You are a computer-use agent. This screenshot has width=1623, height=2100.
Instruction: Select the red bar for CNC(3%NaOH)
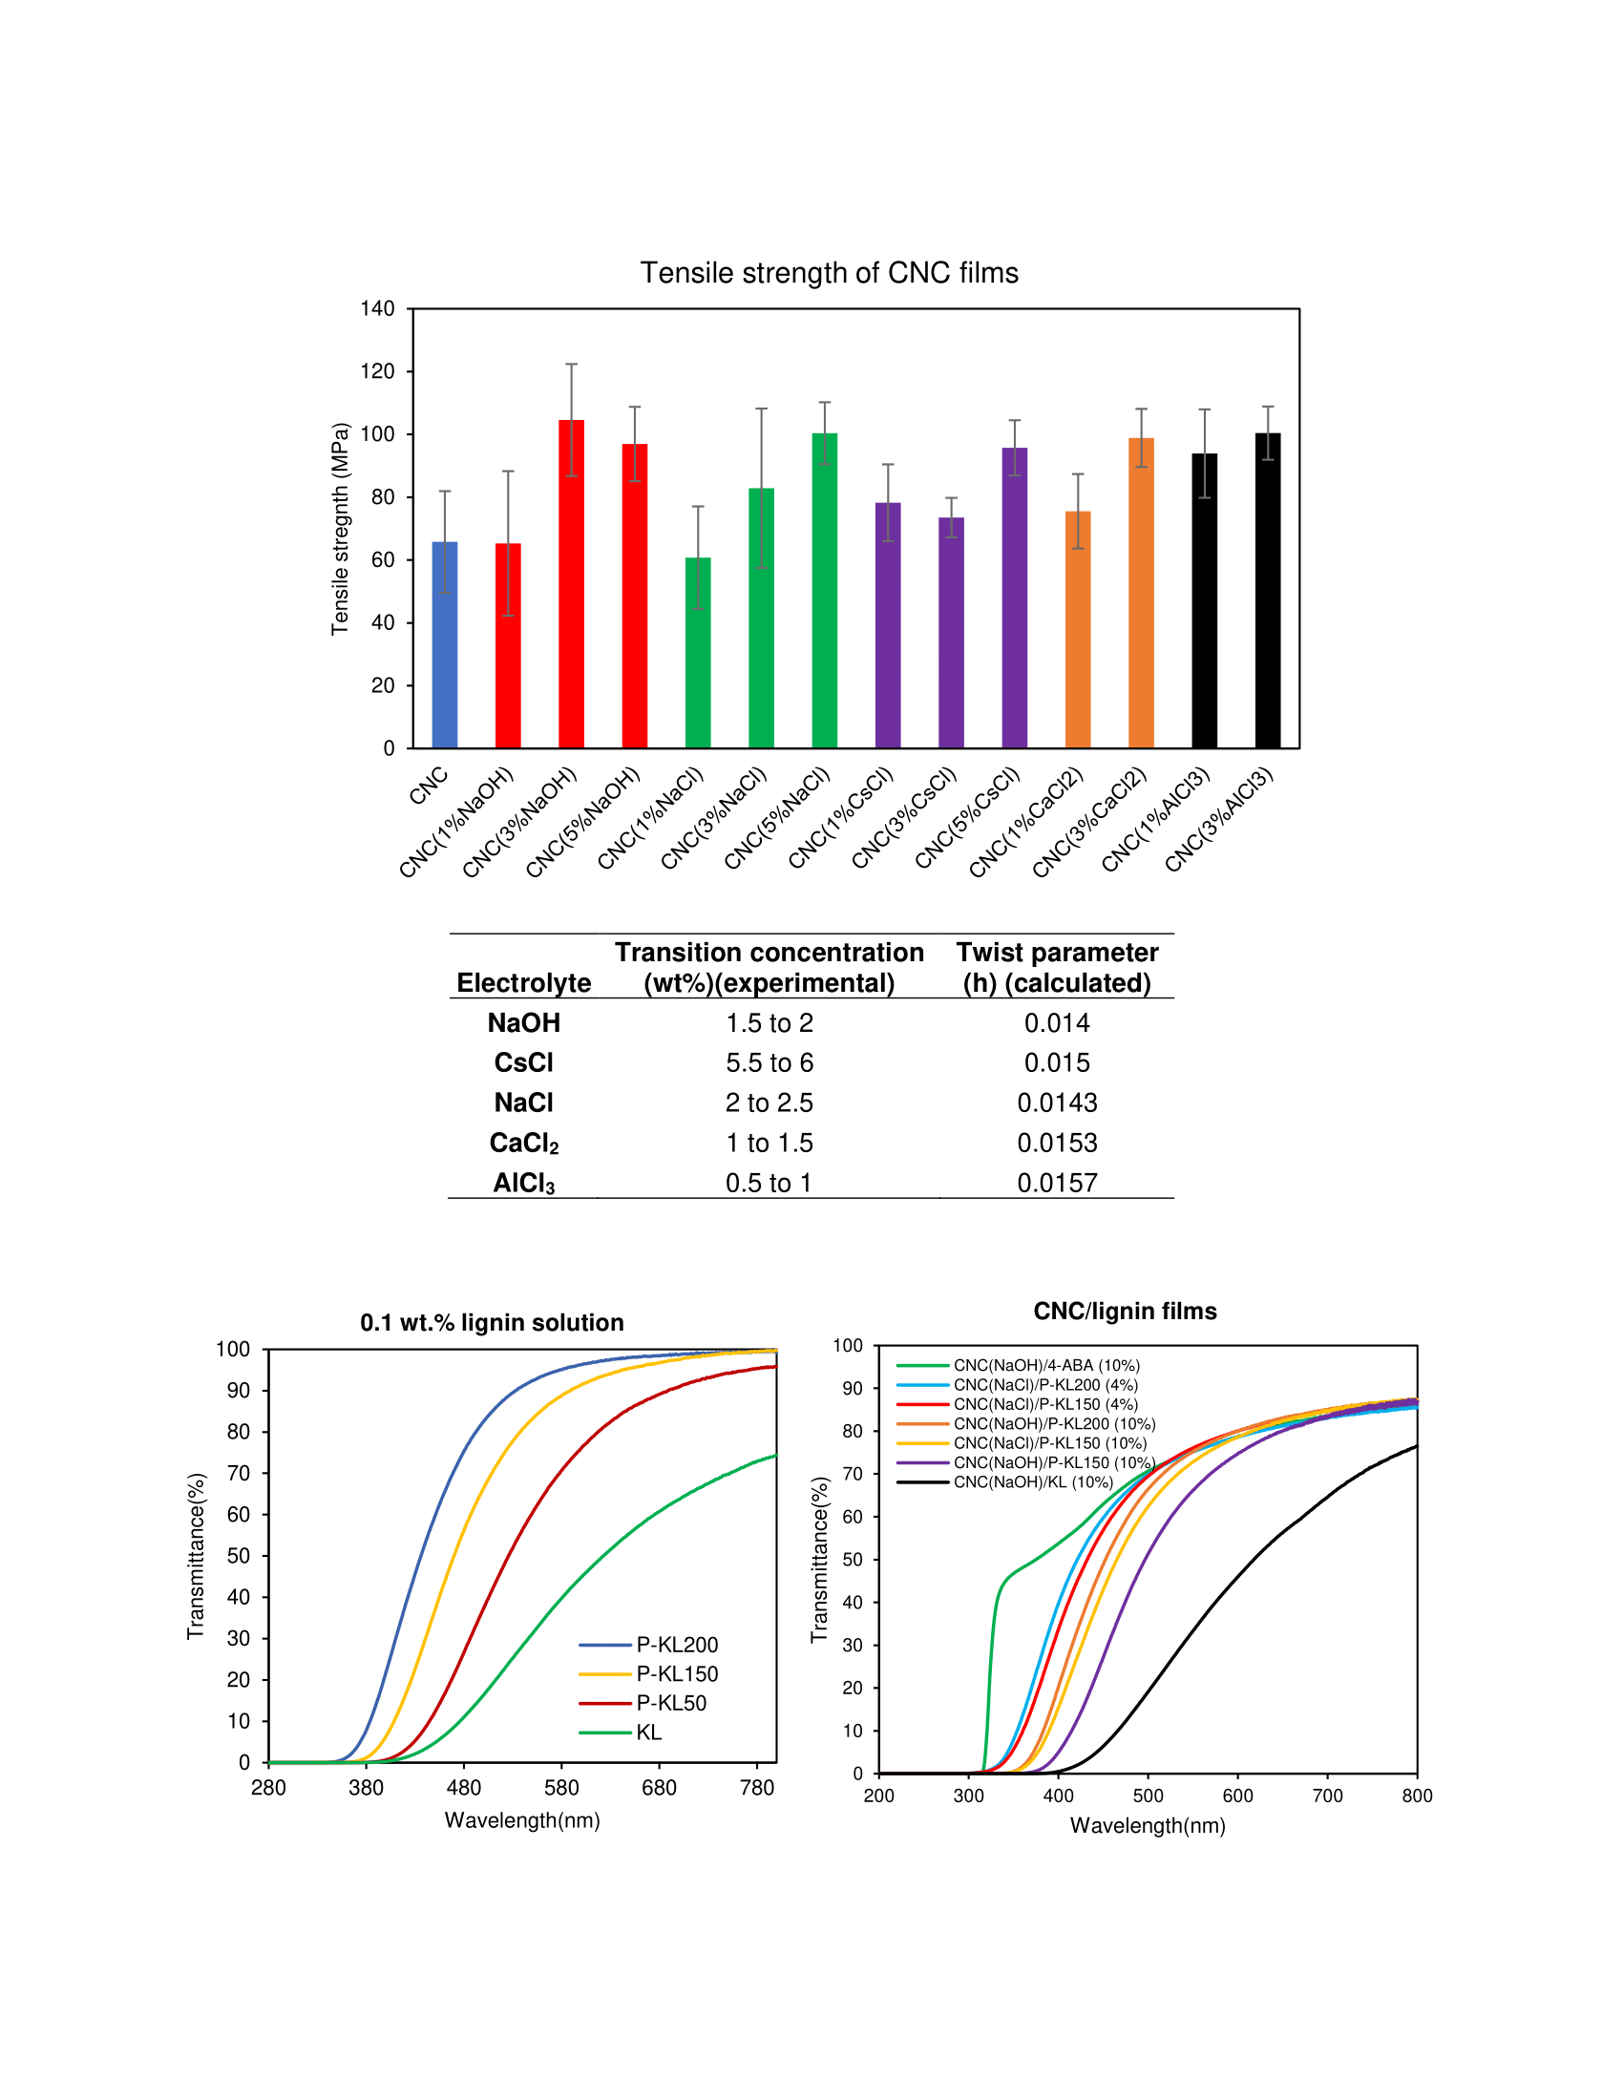571,583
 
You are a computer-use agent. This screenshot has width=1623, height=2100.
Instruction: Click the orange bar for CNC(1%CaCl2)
1078,629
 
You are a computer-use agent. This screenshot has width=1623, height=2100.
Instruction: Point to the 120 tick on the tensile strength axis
378,371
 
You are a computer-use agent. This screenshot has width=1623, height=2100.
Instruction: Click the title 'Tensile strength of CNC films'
829,273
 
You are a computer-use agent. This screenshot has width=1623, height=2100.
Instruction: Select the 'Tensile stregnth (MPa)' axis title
340,529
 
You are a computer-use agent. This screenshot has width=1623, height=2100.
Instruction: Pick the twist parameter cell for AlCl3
1057,1183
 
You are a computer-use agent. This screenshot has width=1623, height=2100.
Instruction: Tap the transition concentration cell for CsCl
769,1062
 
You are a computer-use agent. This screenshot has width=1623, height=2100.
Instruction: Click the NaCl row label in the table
524,1102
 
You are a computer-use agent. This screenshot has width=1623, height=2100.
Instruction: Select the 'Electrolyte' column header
524,982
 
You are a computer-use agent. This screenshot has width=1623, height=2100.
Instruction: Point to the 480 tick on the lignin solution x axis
463,1788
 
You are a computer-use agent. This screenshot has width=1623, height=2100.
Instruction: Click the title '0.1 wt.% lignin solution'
493,1322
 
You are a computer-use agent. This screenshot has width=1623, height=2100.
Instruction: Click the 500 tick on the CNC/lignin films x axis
1148,1795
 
